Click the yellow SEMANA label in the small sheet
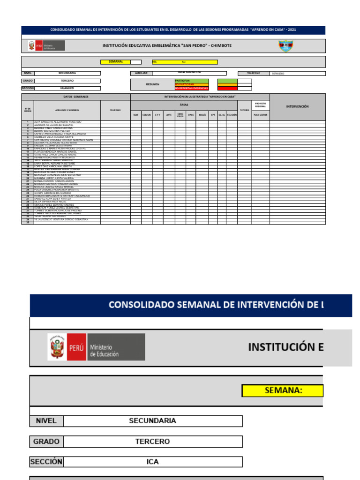click(115, 61)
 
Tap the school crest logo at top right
click(286, 45)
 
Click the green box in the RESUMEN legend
click(227, 81)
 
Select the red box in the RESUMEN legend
click(227, 88)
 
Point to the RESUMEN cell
click(152, 84)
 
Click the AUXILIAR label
click(141, 73)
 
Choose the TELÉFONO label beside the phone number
click(254, 73)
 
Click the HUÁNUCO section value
click(67, 88)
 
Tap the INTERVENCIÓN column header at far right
click(297, 106)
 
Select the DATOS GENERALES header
click(76, 97)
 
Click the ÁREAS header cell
click(184, 105)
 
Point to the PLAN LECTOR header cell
click(260, 114)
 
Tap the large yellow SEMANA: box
click(282, 390)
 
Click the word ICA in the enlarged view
click(152, 462)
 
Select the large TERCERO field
click(152, 441)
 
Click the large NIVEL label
click(45, 420)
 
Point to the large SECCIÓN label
click(46, 462)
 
